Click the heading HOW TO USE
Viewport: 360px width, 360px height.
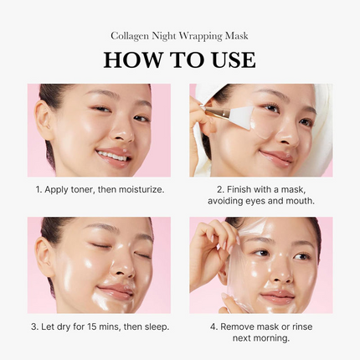click(179, 59)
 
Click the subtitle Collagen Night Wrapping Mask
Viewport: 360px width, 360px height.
click(179, 35)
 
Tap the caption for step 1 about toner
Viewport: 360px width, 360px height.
click(99, 190)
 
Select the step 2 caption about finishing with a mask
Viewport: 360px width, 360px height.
click(260, 196)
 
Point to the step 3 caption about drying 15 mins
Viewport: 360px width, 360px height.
click(99, 326)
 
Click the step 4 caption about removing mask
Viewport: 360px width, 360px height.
click(260, 332)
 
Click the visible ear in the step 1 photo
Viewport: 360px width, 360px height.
click(44, 125)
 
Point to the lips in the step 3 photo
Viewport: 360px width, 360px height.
click(117, 291)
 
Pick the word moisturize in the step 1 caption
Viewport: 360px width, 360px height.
click(137, 190)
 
